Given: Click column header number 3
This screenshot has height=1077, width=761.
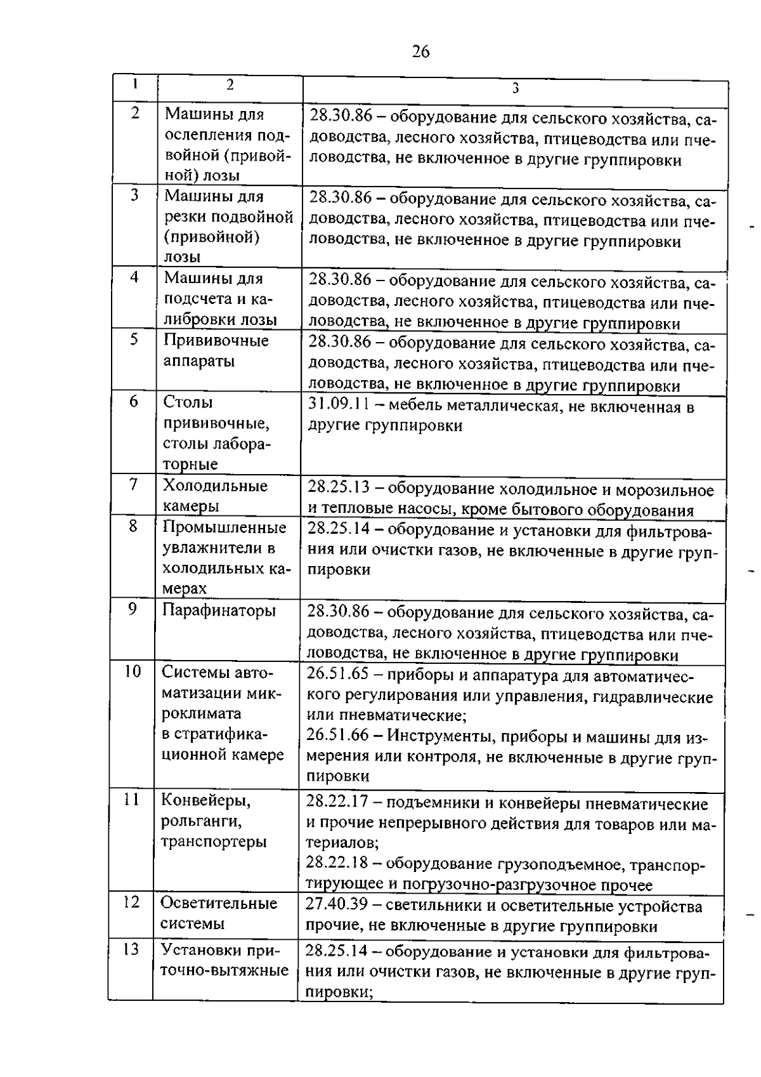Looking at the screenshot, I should coord(515,88).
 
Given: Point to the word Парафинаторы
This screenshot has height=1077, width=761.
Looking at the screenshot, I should coord(219,611).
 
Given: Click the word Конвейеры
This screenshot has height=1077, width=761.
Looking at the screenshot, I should coord(205,801).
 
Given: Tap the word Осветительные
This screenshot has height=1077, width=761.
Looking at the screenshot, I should coord(219,903).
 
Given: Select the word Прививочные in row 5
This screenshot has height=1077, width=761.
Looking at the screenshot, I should coord(216,341).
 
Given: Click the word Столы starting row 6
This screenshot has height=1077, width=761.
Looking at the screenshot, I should coord(188,402).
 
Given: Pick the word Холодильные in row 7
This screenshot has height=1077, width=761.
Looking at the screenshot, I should coord(216,486).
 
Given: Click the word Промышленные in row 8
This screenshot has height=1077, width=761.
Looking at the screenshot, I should coord(224,527).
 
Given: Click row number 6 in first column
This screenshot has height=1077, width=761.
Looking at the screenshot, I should coord(134,401).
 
